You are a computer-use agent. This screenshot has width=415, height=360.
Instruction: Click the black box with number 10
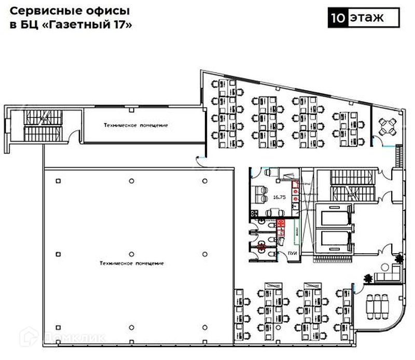337,17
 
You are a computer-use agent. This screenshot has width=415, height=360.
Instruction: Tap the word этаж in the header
366,17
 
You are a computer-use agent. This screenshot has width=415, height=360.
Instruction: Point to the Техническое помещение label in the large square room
131,264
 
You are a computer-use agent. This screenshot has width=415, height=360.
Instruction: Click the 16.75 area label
279,197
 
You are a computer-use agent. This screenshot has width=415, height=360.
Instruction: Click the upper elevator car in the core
334,214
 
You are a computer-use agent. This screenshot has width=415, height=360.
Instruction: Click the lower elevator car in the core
334,240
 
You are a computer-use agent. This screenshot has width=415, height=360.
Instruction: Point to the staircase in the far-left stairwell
41,124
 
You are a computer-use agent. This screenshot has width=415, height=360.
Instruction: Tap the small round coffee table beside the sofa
384,267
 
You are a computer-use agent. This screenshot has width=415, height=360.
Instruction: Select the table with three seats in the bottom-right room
378,306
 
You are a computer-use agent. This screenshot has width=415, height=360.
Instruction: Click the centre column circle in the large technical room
131,254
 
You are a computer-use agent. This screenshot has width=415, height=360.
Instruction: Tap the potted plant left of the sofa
368,278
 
